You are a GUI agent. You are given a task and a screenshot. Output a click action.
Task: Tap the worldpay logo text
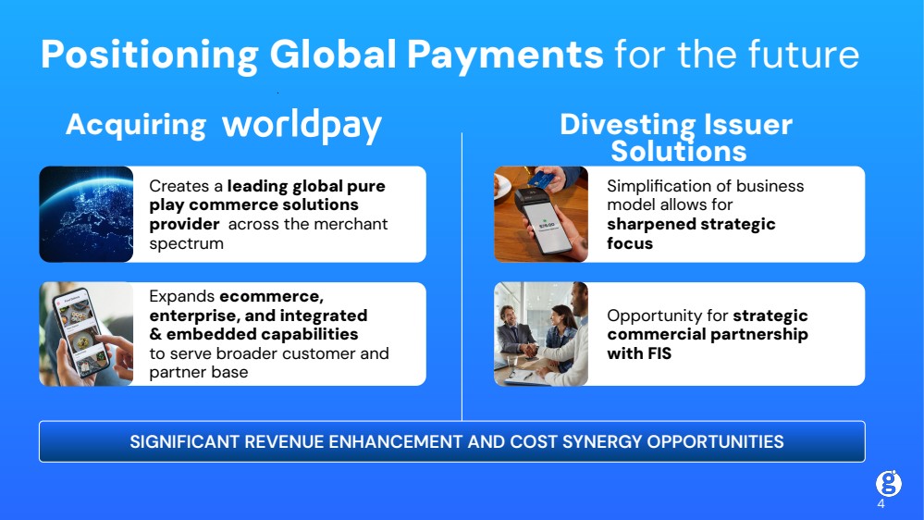coord(302,126)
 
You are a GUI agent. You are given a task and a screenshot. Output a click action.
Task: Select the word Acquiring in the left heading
coord(136,126)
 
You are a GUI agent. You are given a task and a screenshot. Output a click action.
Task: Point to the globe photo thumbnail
coord(86,214)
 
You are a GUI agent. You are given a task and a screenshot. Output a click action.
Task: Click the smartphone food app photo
coord(86,334)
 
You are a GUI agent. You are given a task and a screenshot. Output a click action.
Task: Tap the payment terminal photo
coord(541,214)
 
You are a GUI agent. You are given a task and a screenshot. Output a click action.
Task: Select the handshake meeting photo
coord(541,334)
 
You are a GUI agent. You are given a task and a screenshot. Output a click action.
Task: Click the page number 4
coord(881,504)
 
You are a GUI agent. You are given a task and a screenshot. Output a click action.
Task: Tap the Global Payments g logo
coord(888,483)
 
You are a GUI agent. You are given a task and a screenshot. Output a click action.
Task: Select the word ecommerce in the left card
coord(272,297)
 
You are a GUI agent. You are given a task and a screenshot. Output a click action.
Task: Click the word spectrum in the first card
coord(186,243)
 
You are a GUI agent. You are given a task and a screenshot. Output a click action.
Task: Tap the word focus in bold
coord(630,243)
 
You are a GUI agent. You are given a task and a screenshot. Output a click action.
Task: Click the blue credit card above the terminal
coord(544,177)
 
